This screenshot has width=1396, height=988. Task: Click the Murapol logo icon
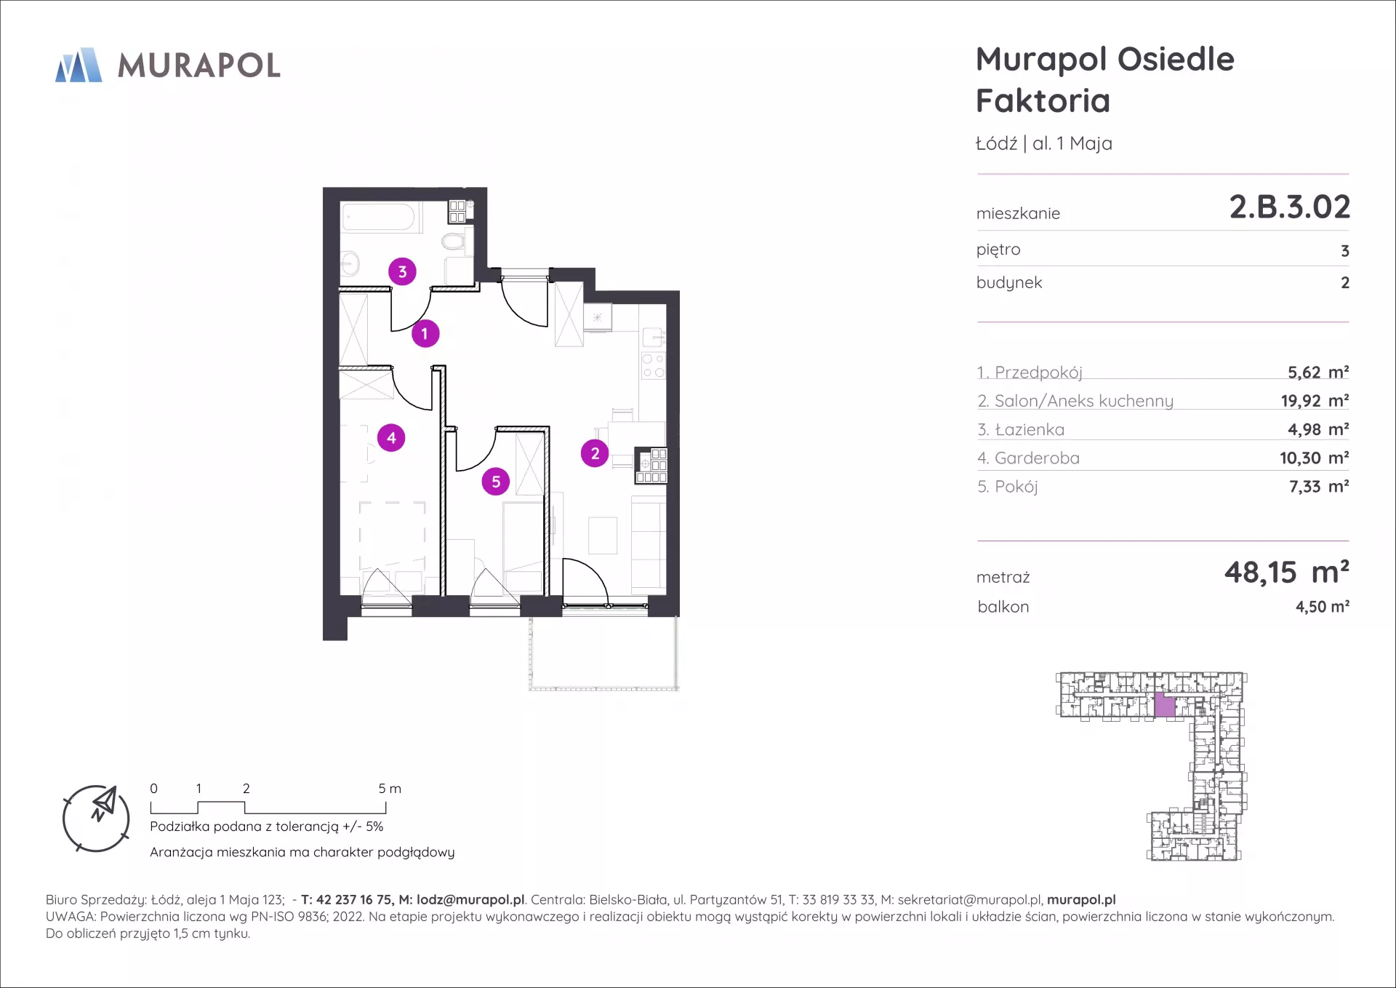click(79, 65)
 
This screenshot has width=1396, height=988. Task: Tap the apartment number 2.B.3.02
click(1289, 207)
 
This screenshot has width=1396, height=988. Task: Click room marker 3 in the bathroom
click(402, 271)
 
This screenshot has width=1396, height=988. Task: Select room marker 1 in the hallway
click(425, 334)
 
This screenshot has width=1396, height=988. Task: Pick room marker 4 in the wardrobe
click(391, 438)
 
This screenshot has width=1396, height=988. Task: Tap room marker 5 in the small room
click(496, 482)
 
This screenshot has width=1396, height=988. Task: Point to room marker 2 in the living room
click(595, 453)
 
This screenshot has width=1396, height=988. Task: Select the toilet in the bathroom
click(454, 242)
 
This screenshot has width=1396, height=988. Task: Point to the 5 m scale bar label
click(390, 789)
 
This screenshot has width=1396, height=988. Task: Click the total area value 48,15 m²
click(1287, 573)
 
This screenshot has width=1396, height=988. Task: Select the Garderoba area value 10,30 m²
click(1315, 458)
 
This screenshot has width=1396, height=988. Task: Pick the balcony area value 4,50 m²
click(1323, 607)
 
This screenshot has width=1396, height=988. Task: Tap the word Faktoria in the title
click(1043, 100)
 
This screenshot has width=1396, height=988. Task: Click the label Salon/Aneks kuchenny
click(1084, 401)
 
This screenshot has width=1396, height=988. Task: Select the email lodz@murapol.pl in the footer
click(470, 900)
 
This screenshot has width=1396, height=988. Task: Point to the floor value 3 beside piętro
click(1345, 251)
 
